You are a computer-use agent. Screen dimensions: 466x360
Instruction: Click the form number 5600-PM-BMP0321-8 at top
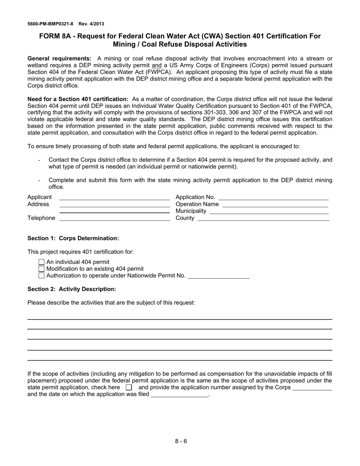[50, 24]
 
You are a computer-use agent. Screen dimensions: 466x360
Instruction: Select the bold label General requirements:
[59, 59]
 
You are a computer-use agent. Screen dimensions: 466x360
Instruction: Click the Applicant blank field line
[114, 198]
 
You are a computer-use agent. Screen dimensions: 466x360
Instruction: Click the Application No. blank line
[274, 198]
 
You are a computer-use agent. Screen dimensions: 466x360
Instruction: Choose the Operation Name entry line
[275, 205]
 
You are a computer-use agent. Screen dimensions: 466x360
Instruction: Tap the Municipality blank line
[269, 212]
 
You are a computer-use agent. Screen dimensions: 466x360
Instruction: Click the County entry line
[263, 219]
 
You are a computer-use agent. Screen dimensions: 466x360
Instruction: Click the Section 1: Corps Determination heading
[73, 238]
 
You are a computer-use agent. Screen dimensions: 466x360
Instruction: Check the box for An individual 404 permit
[42, 262]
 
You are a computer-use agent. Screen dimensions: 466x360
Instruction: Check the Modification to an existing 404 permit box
[42, 269]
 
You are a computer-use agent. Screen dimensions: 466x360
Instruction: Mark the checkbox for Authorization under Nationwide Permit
[42, 276]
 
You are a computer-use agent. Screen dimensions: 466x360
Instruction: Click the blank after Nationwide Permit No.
[219, 277]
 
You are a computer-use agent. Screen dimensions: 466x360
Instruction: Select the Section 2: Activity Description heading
[72, 289]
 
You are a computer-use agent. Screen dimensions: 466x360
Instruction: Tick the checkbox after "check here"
[129, 388]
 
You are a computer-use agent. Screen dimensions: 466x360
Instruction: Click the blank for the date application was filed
[180, 395]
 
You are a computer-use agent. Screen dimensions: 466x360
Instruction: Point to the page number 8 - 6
[181, 441]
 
